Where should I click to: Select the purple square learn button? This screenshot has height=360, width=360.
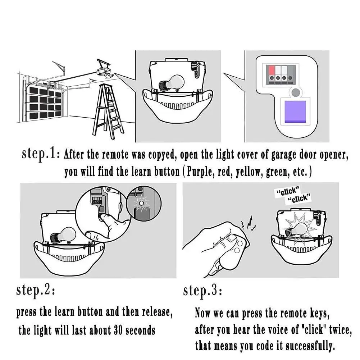(295, 112)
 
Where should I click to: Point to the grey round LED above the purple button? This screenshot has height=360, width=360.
(296, 92)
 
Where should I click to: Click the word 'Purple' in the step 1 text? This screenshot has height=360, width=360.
(201, 172)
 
